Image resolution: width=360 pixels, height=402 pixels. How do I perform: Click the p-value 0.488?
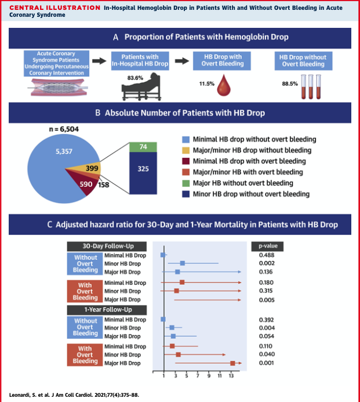[267, 255]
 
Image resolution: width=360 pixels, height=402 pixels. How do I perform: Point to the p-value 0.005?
[267, 299]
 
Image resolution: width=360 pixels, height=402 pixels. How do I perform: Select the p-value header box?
[267, 246]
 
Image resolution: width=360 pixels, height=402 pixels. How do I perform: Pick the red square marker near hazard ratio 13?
[232, 363]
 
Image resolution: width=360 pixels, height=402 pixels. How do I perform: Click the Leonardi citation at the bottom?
[75, 394]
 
